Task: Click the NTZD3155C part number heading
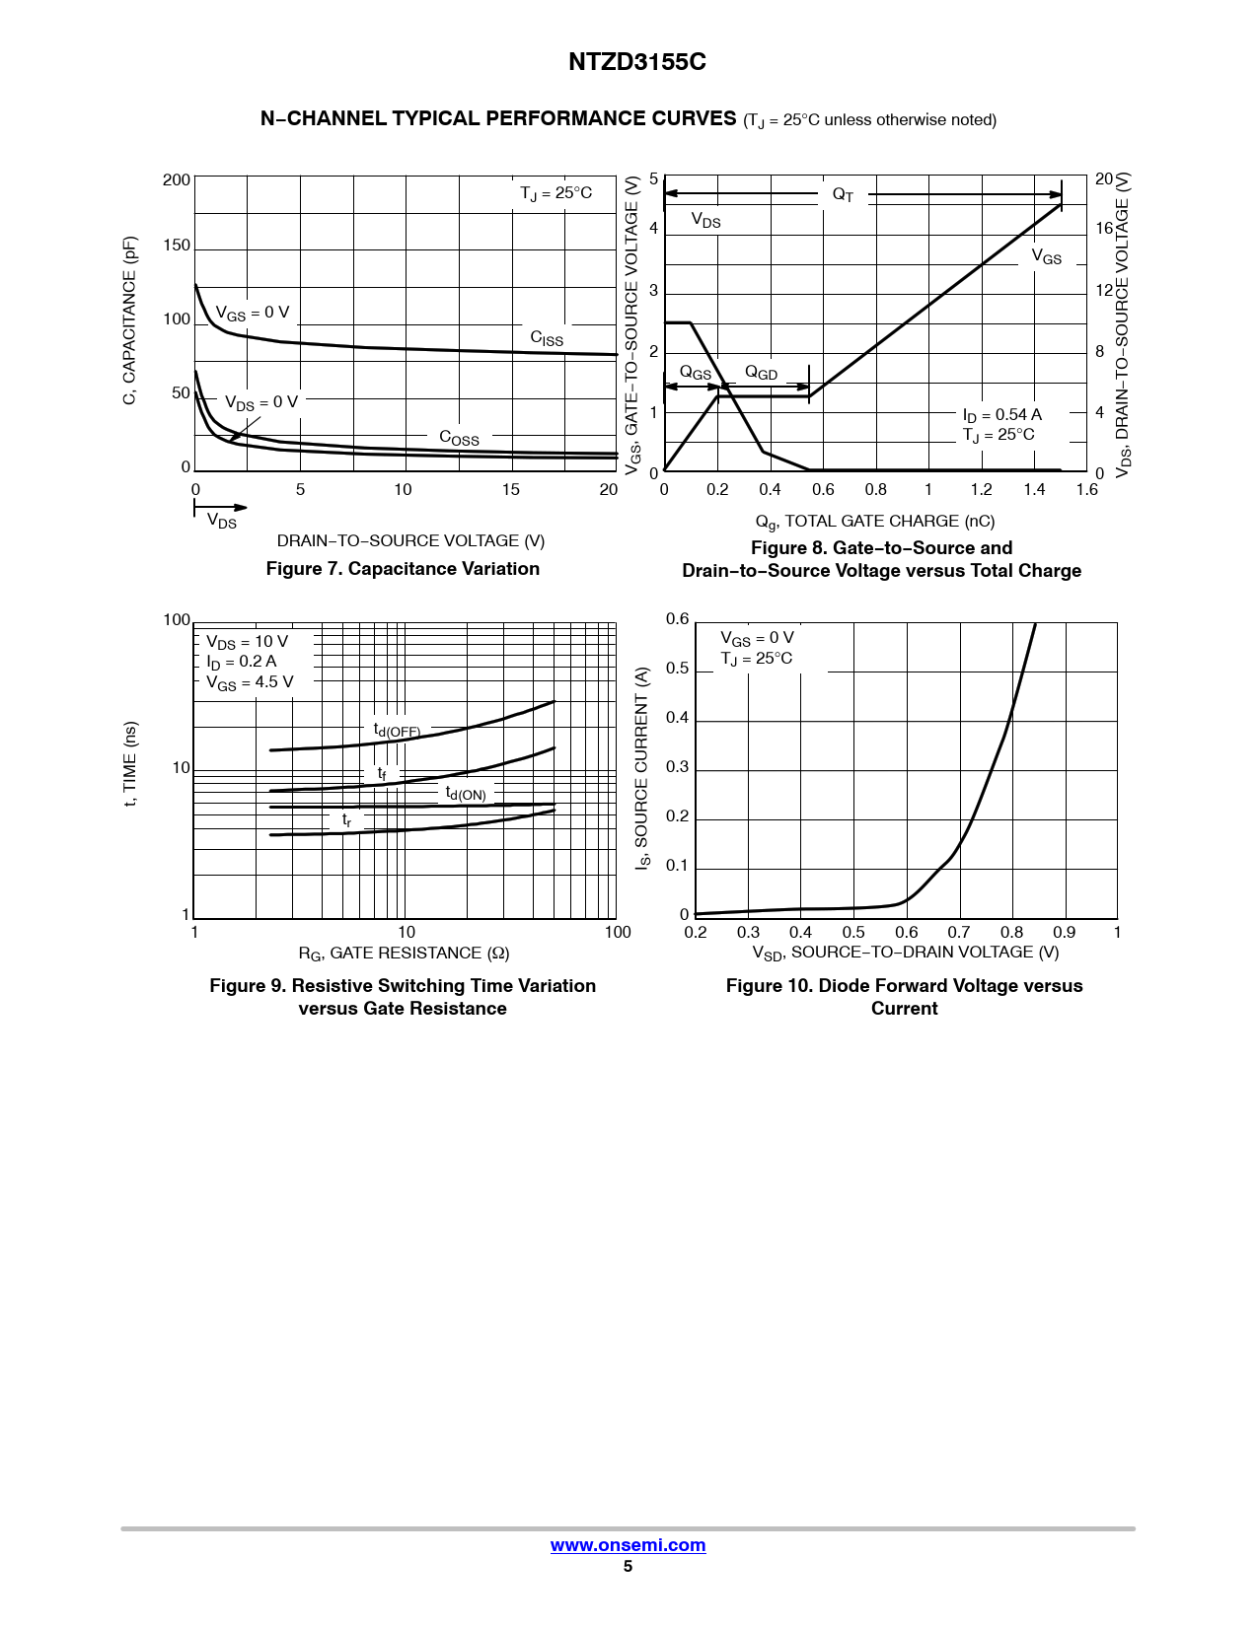coord(636,62)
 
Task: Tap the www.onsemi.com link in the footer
coord(628,1544)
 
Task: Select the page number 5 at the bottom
coord(628,1566)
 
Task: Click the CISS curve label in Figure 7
coord(547,338)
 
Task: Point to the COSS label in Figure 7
coord(459,437)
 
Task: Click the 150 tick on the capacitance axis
coord(177,245)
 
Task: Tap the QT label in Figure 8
coord(843,194)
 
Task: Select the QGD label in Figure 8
coord(761,373)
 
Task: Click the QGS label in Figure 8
coord(696,373)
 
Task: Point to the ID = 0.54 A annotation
coord(1001,415)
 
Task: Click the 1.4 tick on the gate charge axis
coord(1034,490)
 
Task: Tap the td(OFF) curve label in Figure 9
coord(397,730)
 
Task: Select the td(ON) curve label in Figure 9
coord(466,793)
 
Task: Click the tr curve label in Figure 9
coord(346,819)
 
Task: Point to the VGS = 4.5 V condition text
coord(250,682)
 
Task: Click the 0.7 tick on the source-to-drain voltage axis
coord(958,932)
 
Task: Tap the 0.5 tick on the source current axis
coord(677,668)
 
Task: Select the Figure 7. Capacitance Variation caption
coord(403,569)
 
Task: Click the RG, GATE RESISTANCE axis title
coord(404,954)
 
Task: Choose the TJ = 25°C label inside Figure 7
coord(555,194)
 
